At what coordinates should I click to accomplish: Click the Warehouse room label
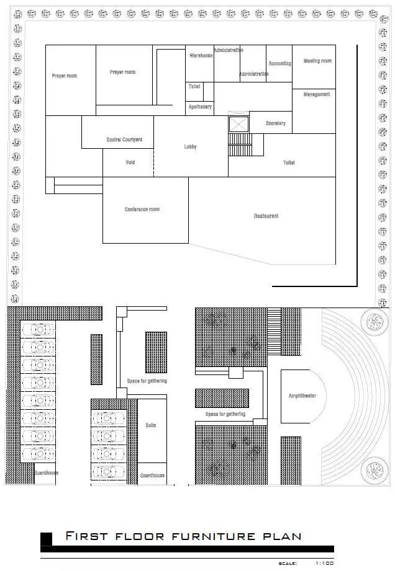point(200,56)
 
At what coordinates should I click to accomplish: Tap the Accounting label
point(279,63)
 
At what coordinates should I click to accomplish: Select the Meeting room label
point(317,61)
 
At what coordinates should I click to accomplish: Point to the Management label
point(317,94)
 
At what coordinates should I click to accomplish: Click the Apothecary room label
point(200,107)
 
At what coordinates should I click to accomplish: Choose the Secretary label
point(276,123)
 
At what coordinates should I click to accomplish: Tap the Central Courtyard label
point(124,140)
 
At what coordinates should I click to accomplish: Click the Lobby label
point(190,147)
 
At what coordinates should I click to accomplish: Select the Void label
point(130,162)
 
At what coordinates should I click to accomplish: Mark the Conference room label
point(142,210)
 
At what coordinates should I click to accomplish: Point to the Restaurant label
point(266,216)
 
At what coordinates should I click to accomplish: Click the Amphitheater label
point(302,396)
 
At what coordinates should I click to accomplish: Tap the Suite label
point(151,425)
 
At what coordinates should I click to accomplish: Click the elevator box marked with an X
point(238,124)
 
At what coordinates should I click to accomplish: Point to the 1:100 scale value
point(324,563)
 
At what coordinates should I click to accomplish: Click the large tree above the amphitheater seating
point(374,321)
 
